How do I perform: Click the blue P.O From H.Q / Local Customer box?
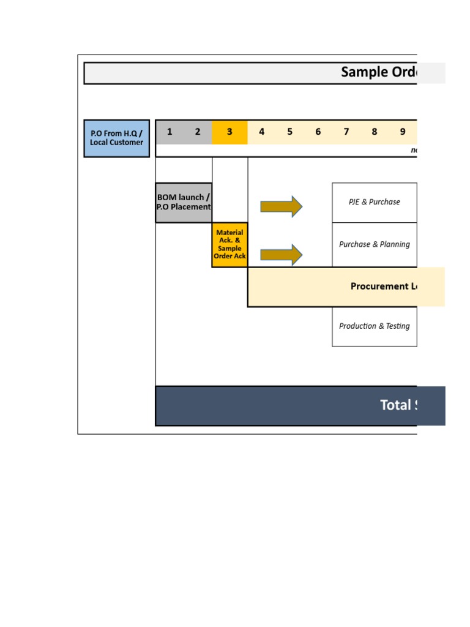tap(116, 138)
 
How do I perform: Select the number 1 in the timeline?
tap(170, 132)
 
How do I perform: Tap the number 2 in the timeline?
tap(198, 132)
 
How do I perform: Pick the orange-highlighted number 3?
tap(229, 132)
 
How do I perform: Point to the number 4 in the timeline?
tap(261, 132)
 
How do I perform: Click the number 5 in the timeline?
tap(289, 132)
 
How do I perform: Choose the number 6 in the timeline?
tap(318, 132)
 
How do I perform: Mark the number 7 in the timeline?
tap(346, 132)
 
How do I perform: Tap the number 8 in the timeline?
tap(374, 132)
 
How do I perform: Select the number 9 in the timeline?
tap(403, 132)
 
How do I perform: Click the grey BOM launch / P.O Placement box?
tap(184, 202)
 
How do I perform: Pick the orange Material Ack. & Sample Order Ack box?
tap(229, 244)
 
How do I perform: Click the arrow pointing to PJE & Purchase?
tap(281, 206)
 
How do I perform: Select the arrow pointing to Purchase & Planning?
tap(281, 255)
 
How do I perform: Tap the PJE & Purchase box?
tap(374, 202)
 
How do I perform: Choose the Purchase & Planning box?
tap(374, 244)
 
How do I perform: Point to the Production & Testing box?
tap(374, 326)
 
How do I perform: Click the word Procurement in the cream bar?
tap(375, 287)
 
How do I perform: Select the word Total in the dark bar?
tap(395, 405)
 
